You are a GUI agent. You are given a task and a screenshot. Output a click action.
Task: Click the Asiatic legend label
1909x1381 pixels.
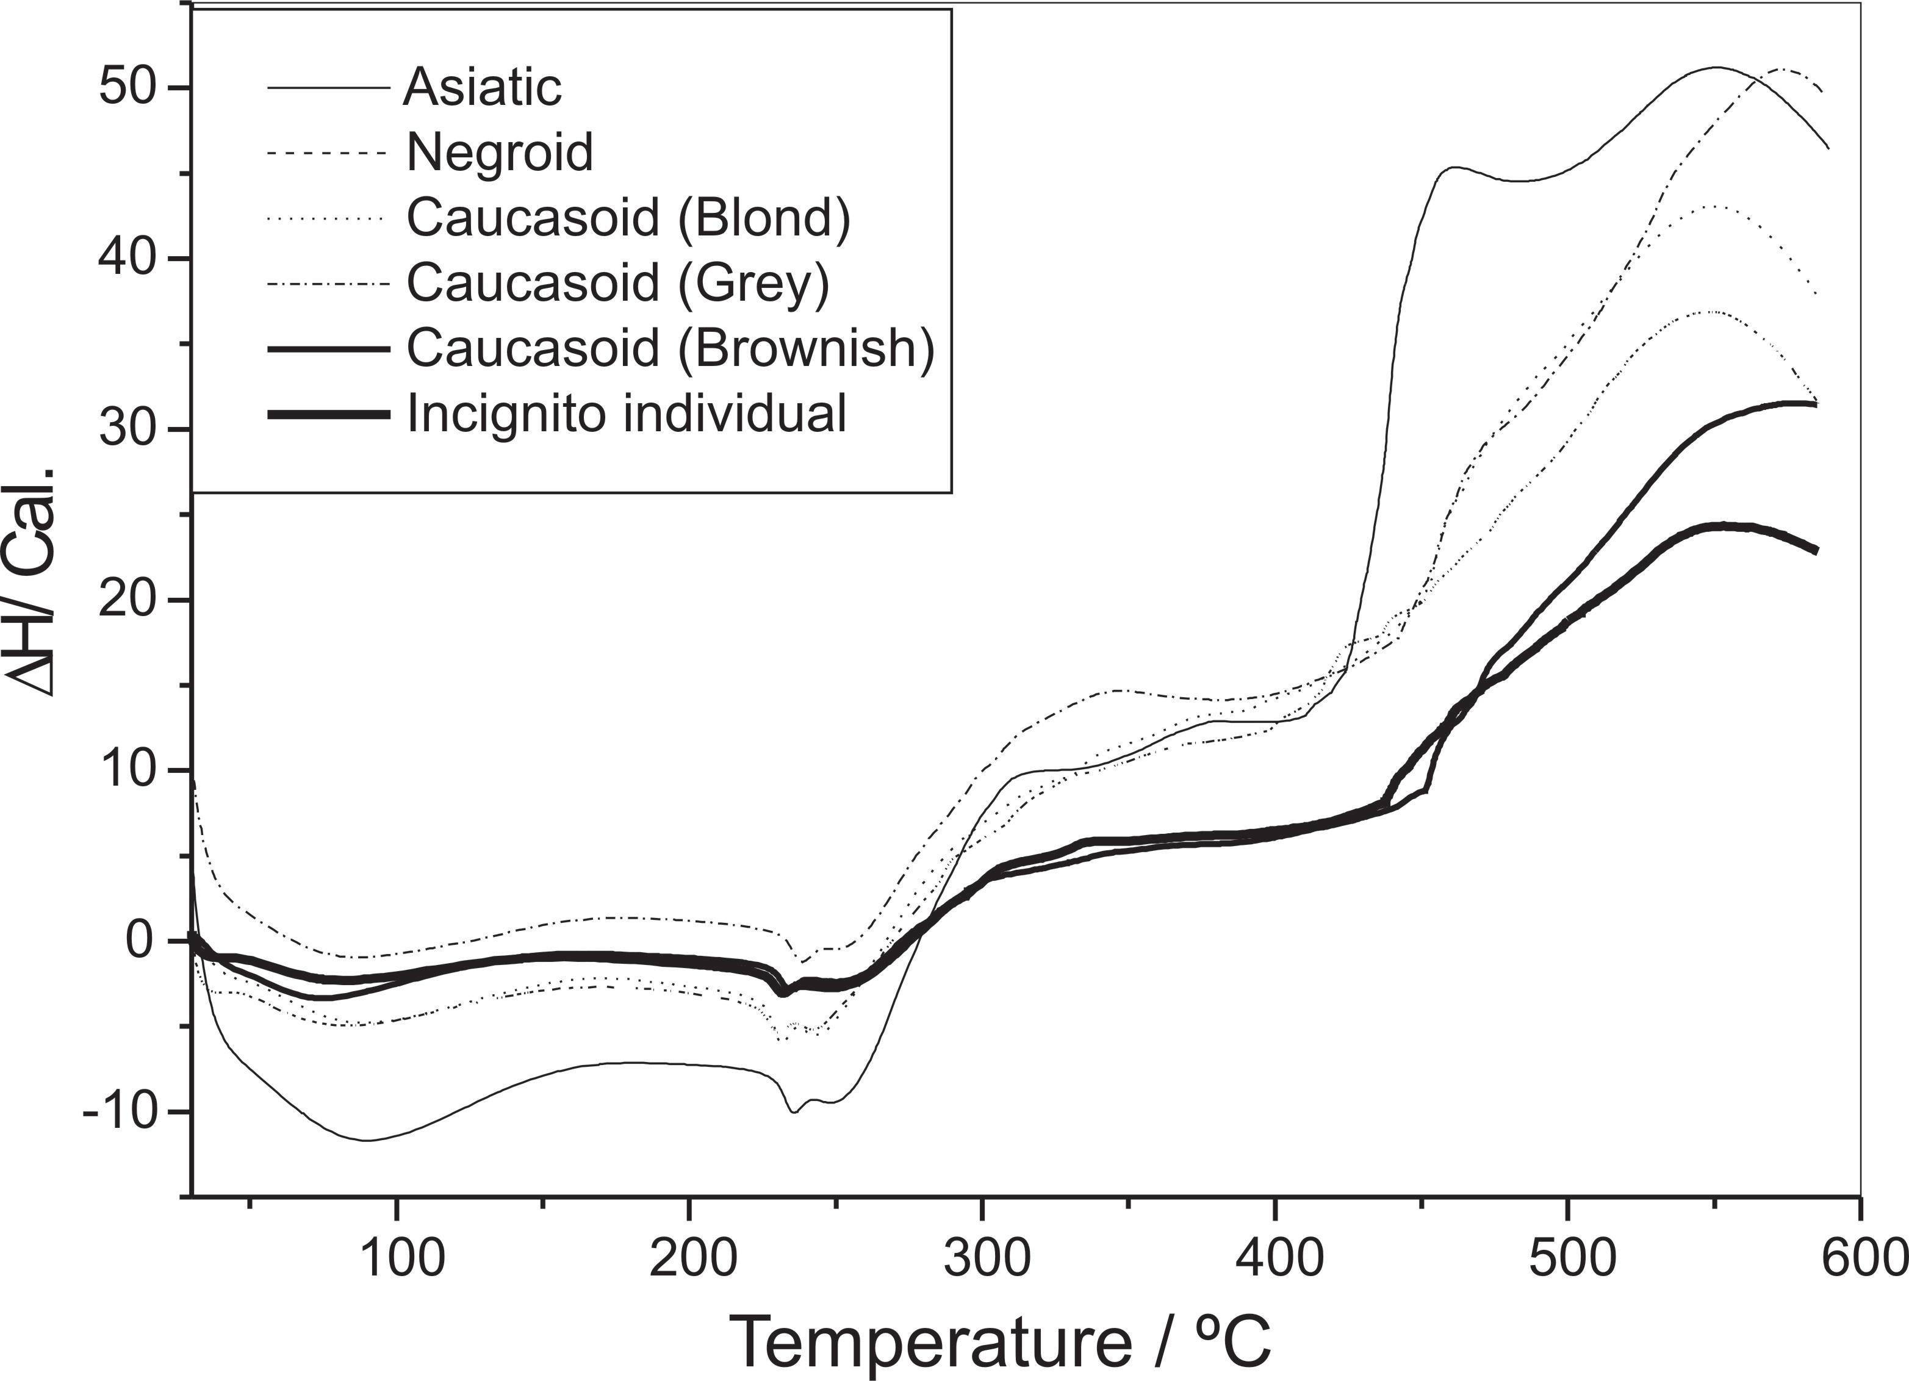[483, 87]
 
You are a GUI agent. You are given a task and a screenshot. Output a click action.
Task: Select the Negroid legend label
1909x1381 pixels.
[500, 152]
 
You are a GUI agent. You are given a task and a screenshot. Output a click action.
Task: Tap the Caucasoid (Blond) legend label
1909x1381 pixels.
[628, 218]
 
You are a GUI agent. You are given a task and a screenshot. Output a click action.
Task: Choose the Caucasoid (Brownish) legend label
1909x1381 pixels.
[670, 348]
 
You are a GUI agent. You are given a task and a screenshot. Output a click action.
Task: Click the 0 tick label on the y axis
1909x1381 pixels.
[140, 941]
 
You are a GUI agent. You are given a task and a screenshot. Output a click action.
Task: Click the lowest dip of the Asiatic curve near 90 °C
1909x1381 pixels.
[368, 1140]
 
